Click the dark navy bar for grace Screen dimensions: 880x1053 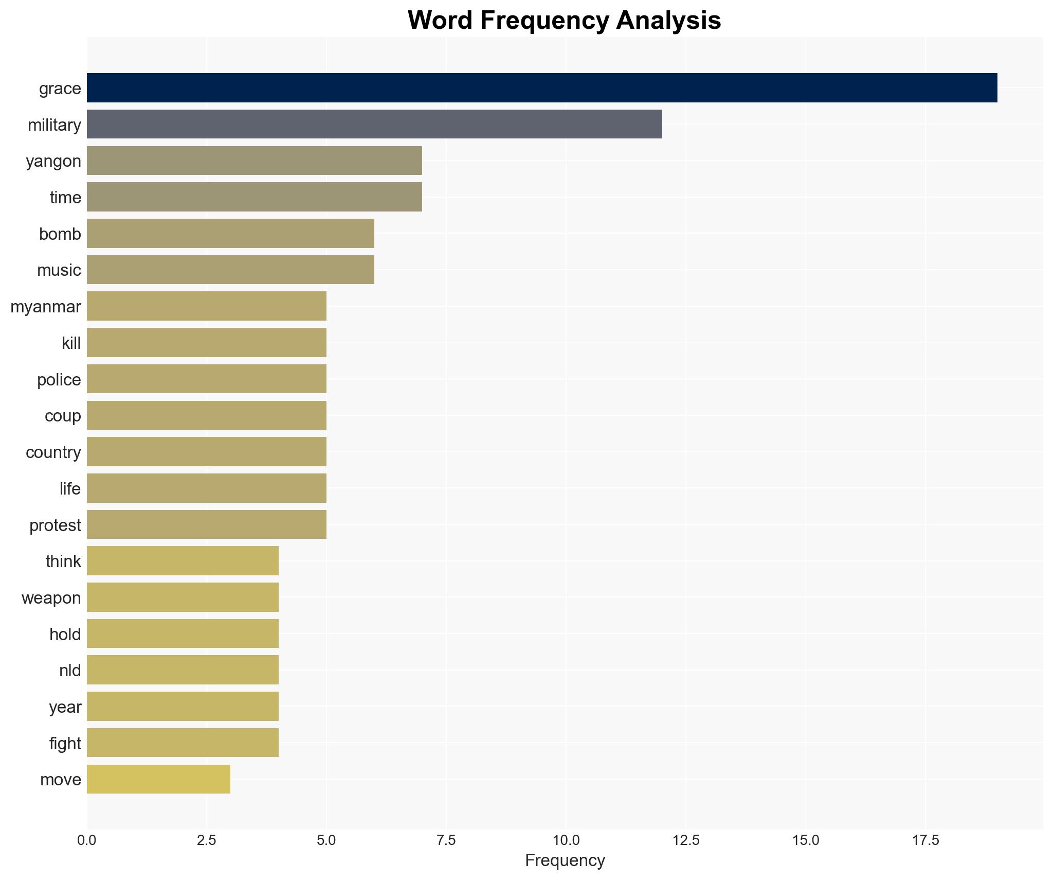coord(541,88)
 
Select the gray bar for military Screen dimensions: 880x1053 coord(374,124)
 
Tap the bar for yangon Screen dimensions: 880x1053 coord(254,161)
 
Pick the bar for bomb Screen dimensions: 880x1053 coord(230,233)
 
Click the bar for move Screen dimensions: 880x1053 coord(158,779)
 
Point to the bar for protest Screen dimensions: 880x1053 coord(206,524)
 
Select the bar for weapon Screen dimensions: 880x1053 coord(183,597)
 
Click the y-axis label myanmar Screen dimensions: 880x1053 coord(46,307)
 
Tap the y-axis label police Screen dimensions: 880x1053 coord(59,380)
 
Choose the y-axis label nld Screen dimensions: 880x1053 coord(70,671)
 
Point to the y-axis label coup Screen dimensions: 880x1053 coord(63,416)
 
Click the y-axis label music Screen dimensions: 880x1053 coord(59,270)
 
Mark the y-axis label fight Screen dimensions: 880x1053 coord(65,744)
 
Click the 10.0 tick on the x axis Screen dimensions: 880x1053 coord(566,840)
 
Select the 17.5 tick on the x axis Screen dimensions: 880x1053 coord(925,840)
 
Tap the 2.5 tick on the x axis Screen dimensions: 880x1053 coord(206,840)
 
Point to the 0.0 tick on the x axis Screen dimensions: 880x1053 coord(86,840)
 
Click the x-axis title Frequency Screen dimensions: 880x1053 coord(565,860)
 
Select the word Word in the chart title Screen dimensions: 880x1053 coord(441,21)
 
